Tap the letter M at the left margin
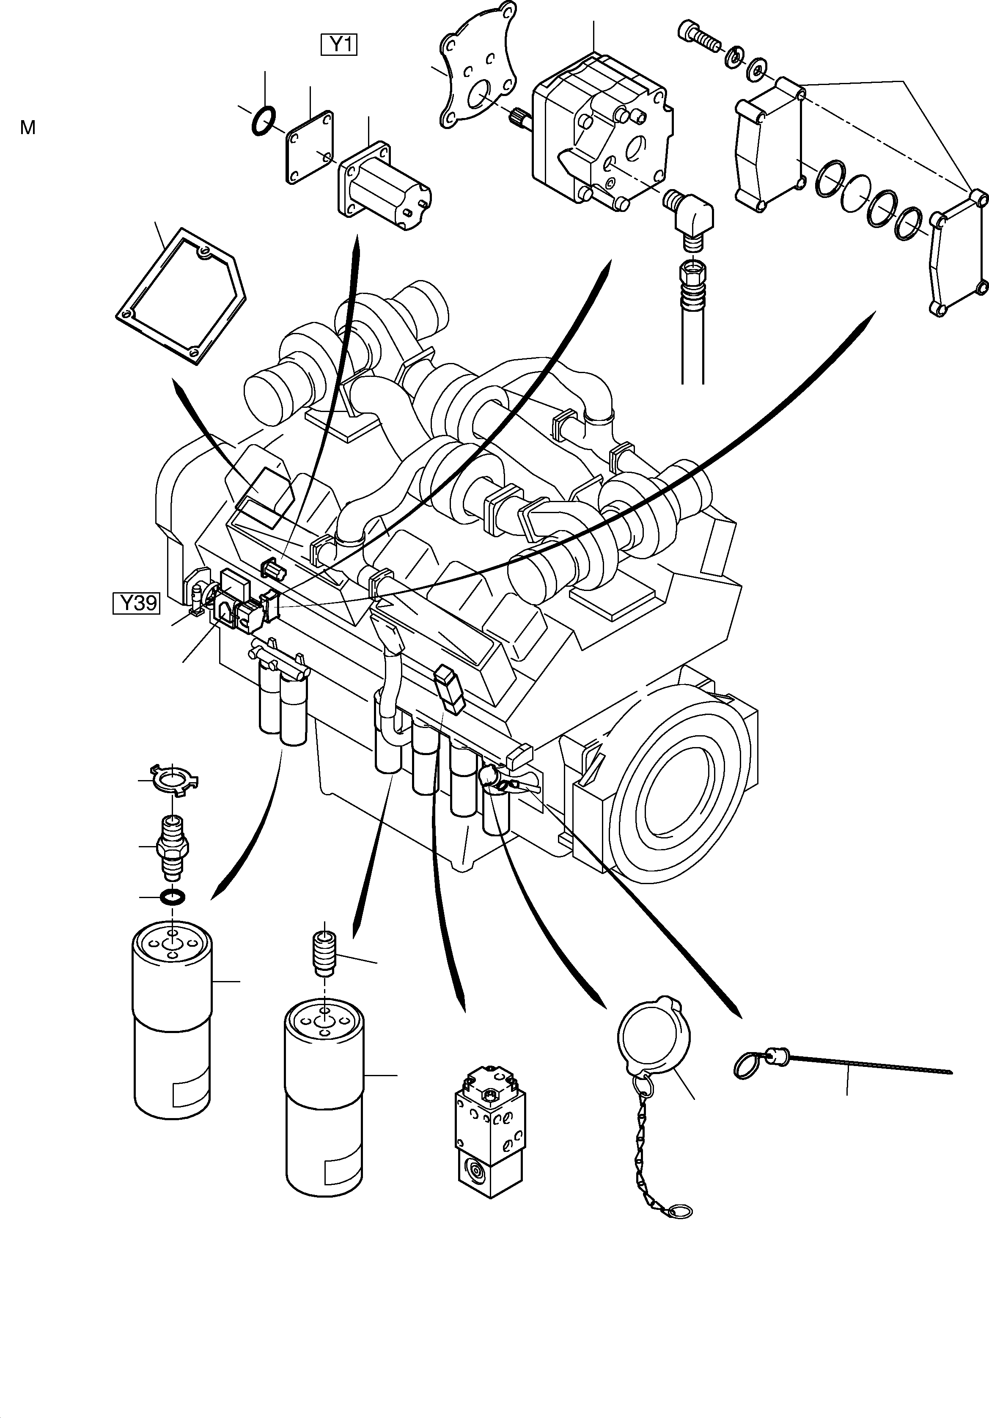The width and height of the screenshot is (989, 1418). point(28,128)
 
